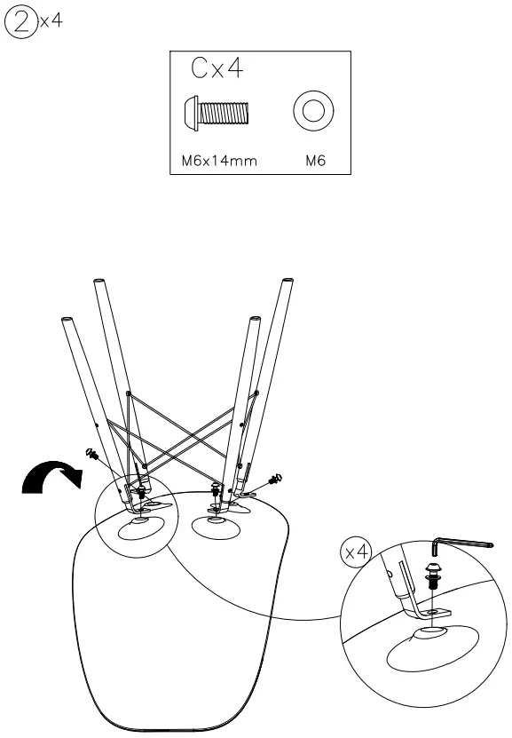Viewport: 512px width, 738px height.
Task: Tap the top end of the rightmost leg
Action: [288, 283]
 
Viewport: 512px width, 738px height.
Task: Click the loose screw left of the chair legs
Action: [91, 453]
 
